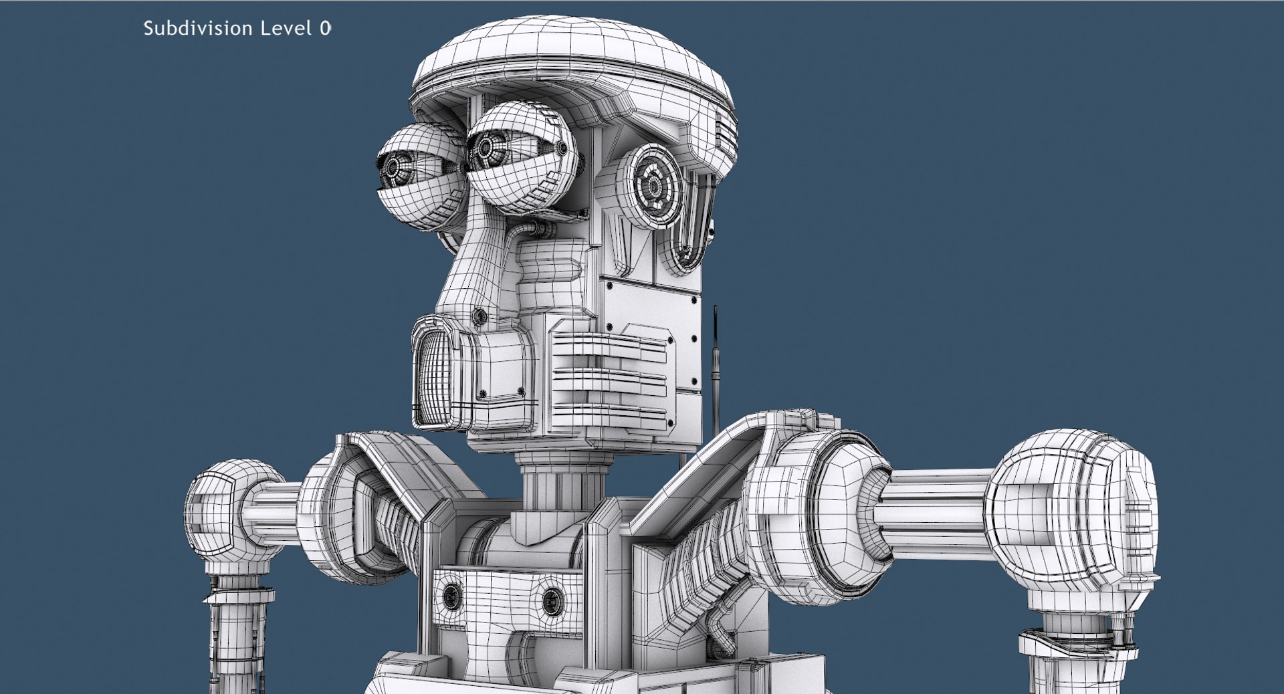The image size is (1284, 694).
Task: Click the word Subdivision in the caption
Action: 198,28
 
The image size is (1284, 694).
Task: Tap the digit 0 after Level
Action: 325,28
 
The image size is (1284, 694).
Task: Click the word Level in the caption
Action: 286,28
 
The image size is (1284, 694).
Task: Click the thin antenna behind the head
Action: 716,361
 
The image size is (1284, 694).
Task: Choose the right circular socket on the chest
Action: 552,600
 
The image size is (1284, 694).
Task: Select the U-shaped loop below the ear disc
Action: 689,227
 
